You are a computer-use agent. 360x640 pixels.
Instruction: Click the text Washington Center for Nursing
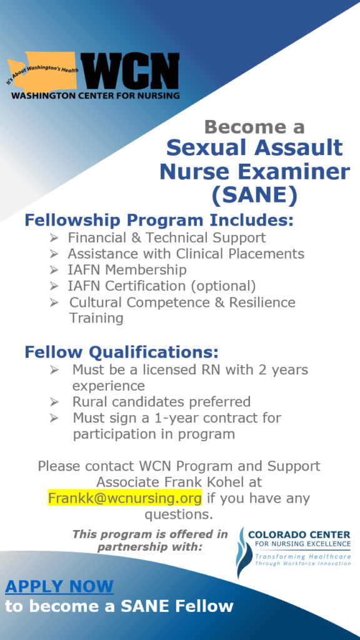click(96, 96)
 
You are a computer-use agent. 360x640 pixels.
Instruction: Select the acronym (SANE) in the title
click(254, 196)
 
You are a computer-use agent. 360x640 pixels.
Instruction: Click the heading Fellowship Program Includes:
click(159, 220)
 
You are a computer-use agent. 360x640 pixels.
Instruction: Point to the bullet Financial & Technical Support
click(166, 237)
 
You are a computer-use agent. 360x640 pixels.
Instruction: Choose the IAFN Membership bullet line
click(127, 270)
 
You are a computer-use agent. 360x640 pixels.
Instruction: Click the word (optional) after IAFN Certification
click(224, 286)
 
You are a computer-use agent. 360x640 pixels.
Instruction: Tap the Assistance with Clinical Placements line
click(186, 254)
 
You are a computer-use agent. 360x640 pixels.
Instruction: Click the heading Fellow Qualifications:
click(122, 352)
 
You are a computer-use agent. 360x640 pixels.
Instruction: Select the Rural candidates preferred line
click(161, 402)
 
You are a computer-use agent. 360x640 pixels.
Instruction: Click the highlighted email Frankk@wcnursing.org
click(124, 498)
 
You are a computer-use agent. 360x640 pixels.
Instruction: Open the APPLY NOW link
click(59, 586)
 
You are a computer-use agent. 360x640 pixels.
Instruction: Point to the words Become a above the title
click(255, 127)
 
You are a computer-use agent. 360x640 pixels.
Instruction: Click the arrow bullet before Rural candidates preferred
click(54, 402)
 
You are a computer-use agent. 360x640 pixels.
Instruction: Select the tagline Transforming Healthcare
click(303, 557)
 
